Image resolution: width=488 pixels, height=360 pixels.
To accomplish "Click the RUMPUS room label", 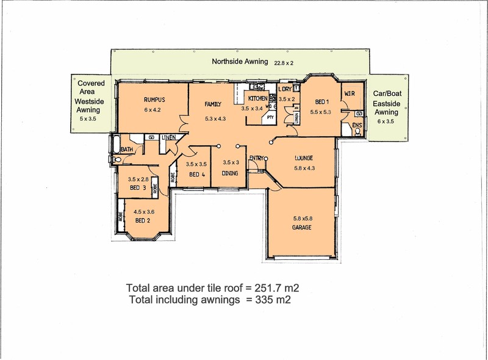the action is click(154, 100).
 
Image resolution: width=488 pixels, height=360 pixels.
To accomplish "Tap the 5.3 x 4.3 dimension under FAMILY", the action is click(215, 118).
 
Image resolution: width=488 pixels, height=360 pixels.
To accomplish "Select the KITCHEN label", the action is click(257, 98).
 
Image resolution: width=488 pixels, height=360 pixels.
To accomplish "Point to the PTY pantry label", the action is click(270, 118).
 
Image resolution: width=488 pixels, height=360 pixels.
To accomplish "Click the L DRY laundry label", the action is click(285, 89).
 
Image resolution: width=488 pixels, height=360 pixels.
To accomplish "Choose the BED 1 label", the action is click(322, 102).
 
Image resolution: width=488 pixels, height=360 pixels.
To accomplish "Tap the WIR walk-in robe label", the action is click(350, 93).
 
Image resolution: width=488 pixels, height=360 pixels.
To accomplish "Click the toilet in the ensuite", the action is click(357, 132).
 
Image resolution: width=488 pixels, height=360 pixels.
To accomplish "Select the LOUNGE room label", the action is click(304, 158).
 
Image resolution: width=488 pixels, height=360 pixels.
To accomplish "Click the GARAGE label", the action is click(301, 228).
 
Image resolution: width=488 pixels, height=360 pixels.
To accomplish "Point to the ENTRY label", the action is click(256, 158).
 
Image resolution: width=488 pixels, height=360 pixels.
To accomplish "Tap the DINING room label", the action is click(230, 173).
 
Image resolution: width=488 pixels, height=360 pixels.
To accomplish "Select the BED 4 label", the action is click(197, 175).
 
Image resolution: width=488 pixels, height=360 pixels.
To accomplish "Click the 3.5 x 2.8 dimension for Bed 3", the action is click(138, 179).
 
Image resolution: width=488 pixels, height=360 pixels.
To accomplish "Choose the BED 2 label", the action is click(143, 220).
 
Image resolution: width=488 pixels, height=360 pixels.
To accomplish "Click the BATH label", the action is click(127, 149).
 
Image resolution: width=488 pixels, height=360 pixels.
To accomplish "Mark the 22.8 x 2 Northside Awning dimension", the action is click(284, 63).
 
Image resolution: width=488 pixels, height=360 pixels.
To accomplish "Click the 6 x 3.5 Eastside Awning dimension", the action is click(386, 121).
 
